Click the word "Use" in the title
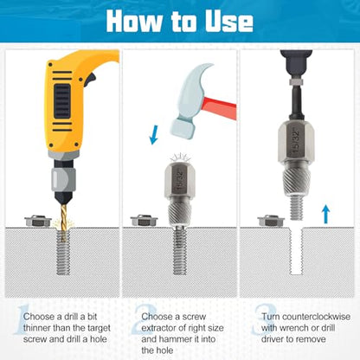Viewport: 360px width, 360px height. [x=229, y=21]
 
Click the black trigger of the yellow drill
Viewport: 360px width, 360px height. [x=90, y=78]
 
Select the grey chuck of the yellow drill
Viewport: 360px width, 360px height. [x=63, y=179]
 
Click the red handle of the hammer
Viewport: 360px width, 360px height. [x=220, y=107]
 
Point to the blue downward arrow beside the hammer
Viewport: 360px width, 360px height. [x=154, y=135]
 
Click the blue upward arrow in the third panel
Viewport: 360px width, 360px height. [x=325, y=214]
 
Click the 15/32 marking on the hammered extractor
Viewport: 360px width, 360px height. [x=180, y=181]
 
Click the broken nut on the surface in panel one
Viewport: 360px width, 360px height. [x=38, y=221]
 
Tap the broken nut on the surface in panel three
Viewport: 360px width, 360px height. [x=271, y=221]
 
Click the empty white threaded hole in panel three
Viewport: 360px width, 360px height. [x=296, y=251]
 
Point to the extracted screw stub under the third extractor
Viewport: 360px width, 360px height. [x=296, y=208]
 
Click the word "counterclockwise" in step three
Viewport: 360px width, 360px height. [x=316, y=317]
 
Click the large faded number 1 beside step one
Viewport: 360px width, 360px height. [x=20, y=321]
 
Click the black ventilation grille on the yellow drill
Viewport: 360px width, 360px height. [x=62, y=101]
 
